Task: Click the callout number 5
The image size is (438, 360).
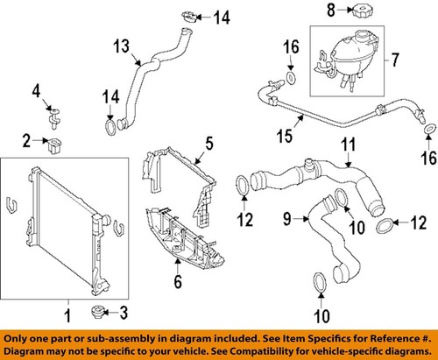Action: (x=208, y=141)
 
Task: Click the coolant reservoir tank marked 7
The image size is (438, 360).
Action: (x=346, y=56)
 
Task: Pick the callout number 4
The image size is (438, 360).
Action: (x=37, y=90)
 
